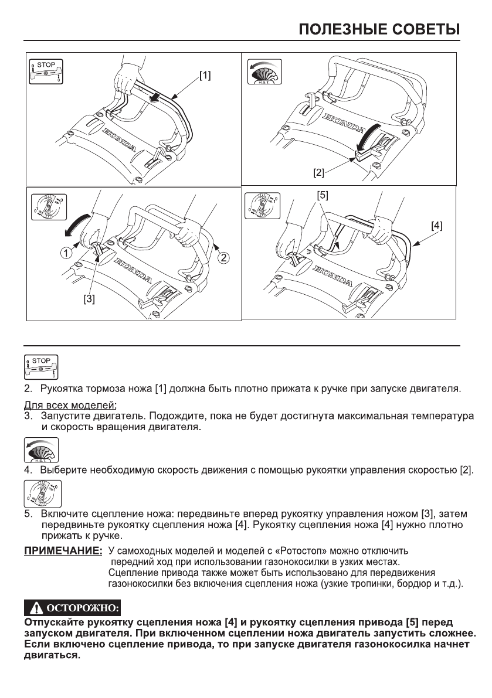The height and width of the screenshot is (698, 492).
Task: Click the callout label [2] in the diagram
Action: (318, 173)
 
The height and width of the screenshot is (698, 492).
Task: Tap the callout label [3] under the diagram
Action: (88, 298)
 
